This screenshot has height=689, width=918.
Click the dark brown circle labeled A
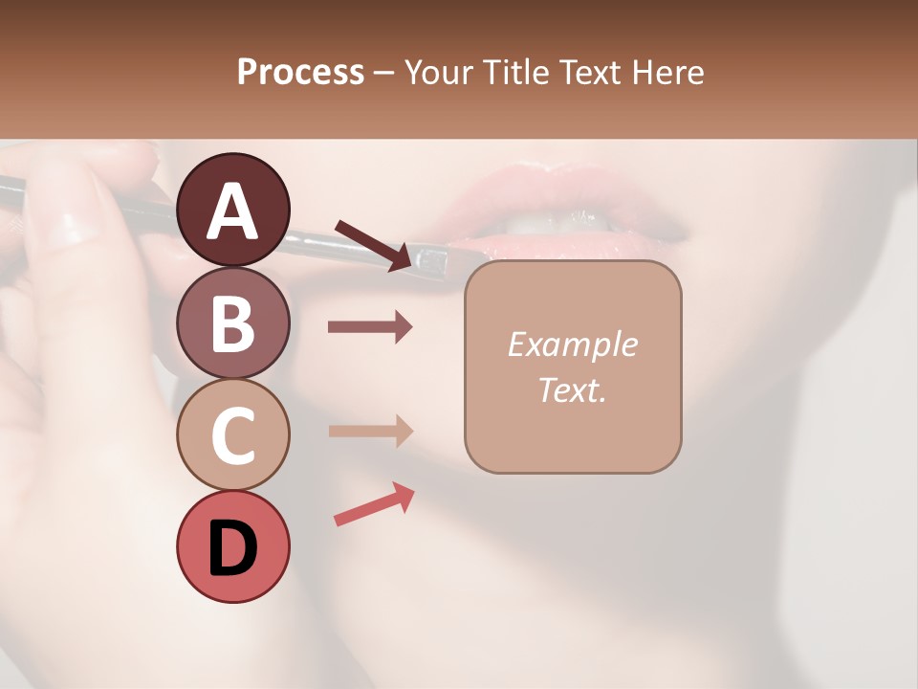232,210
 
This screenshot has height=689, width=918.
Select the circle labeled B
232,322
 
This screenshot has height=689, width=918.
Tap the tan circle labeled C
232,435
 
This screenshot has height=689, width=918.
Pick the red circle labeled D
232,547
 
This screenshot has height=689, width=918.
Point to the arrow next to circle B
370,327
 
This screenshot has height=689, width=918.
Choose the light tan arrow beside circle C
370,431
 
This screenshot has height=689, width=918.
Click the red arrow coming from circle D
374,504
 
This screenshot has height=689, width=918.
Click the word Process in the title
300,72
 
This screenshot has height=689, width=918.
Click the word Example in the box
572,345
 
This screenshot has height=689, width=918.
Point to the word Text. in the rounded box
572,389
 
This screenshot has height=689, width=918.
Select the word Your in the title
439,72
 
